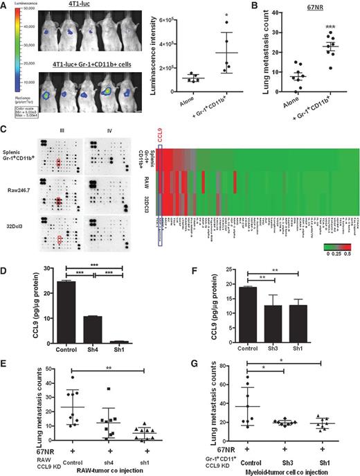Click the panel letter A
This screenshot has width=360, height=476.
point(6,6)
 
